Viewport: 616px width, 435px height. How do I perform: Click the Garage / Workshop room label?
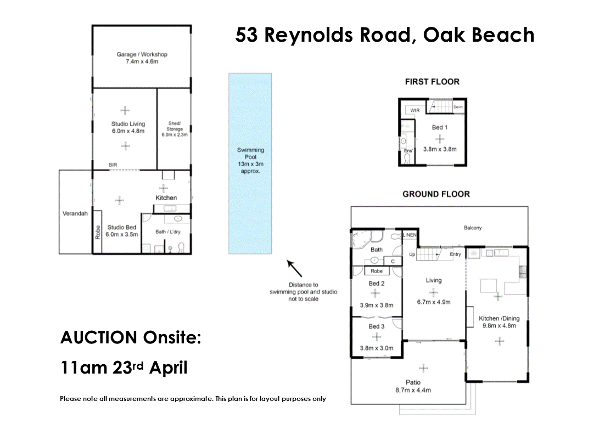point(142,54)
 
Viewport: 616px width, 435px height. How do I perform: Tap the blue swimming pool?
point(250,163)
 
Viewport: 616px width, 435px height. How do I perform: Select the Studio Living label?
point(128,124)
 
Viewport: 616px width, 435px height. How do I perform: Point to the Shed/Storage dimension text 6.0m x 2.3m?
point(175,134)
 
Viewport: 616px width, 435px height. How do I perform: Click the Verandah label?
point(75,213)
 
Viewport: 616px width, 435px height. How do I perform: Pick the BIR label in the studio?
point(113,165)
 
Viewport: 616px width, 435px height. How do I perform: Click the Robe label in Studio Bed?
point(98,232)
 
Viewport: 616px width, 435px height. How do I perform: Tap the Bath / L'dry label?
point(168,231)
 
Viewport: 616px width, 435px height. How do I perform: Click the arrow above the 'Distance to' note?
point(294,268)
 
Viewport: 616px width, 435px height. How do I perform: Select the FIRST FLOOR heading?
point(432,82)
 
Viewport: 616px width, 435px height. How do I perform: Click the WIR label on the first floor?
point(415,111)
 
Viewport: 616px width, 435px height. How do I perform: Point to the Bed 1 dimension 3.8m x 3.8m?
point(440,149)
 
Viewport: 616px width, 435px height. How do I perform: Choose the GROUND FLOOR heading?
point(436,194)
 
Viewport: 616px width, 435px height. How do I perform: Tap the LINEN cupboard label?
point(410,235)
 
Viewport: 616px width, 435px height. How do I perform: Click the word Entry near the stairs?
point(455,255)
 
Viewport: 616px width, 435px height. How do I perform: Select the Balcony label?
point(473,228)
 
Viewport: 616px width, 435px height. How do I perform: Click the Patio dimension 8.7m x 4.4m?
point(413,390)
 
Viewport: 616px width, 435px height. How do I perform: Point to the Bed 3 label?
point(377,326)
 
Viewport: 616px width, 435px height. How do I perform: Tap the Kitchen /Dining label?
point(499,318)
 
